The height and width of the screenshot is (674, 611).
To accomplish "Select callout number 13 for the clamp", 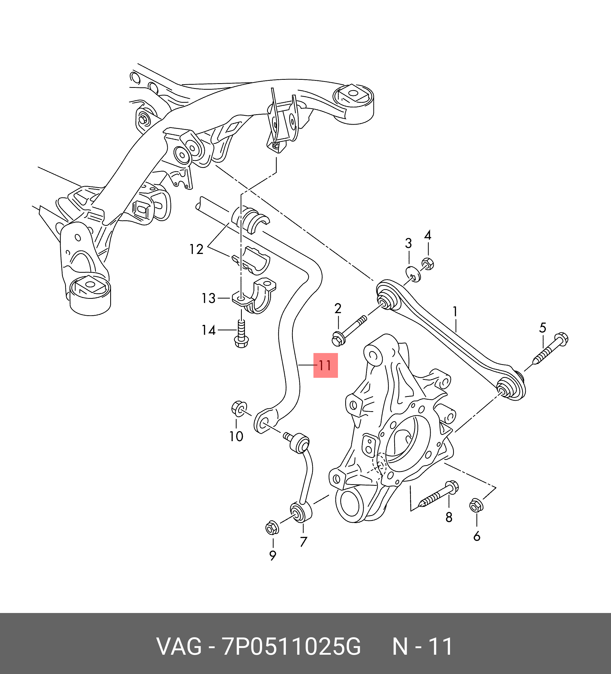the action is (x=209, y=298).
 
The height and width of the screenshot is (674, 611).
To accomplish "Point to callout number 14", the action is (x=209, y=330).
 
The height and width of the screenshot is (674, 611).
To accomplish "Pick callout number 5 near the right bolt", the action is (x=542, y=328).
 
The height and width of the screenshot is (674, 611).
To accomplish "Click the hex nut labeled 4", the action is (x=428, y=264).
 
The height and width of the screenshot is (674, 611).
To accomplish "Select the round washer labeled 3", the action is (x=413, y=274).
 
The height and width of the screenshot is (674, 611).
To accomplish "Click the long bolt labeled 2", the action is (x=349, y=329).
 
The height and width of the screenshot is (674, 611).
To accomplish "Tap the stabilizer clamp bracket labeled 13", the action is (x=254, y=296).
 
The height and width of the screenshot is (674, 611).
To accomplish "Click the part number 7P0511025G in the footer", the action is (x=292, y=647).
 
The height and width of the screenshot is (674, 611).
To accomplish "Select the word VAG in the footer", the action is (x=179, y=647).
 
